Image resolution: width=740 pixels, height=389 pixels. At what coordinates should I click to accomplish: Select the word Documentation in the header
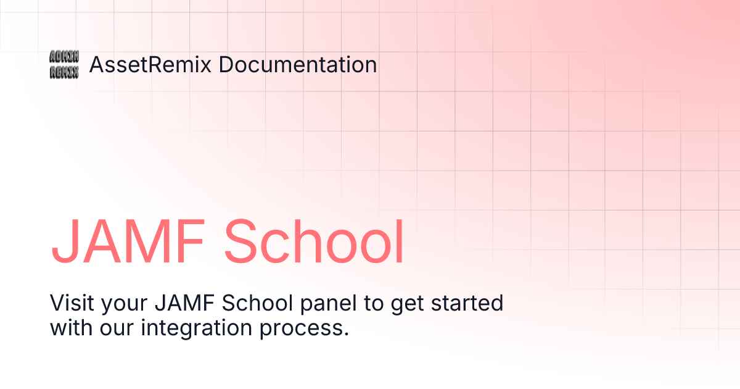[x=298, y=65]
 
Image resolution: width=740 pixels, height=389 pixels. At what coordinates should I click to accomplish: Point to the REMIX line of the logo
[x=64, y=72]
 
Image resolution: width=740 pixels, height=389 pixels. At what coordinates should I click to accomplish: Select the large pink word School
[x=314, y=241]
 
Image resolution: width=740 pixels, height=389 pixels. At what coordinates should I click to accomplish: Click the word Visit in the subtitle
[x=68, y=304]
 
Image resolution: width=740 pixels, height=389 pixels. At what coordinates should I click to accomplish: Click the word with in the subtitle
[x=72, y=327]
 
